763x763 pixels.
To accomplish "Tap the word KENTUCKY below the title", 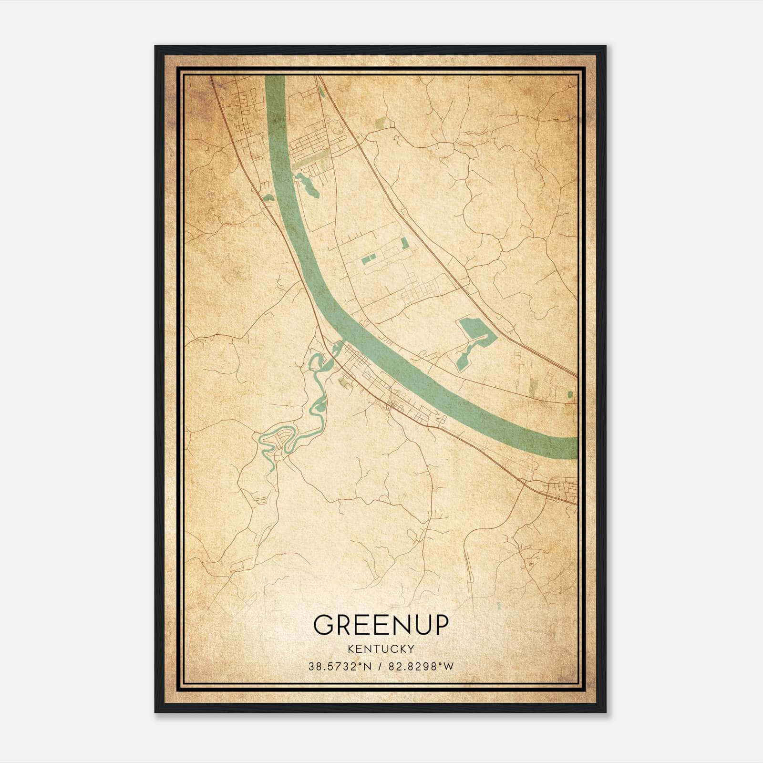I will tap(381, 649).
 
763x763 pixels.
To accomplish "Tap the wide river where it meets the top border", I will tap(275, 79).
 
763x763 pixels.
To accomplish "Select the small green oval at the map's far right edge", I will tap(570, 394).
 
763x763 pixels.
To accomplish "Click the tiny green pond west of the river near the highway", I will tap(268, 197).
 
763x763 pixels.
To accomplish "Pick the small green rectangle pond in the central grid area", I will tap(368, 260).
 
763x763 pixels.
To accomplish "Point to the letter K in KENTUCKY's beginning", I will tap(351, 649).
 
